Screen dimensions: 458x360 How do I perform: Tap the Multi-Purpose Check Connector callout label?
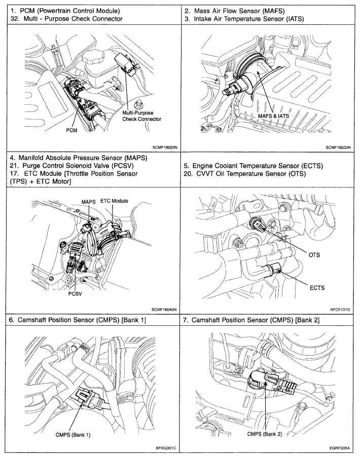141,116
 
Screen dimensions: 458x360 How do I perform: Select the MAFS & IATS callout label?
276,116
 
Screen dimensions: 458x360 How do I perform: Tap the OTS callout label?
314,255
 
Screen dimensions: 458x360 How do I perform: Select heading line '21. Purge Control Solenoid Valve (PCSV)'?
70,166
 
